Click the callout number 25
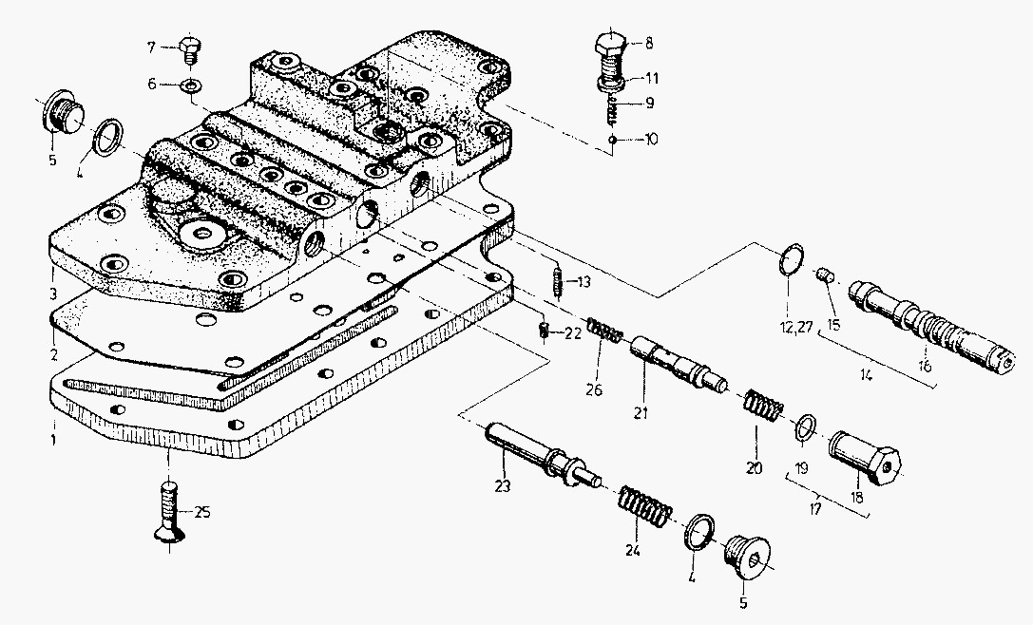(x=202, y=512)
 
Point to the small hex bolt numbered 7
(x=190, y=48)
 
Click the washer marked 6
(x=192, y=85)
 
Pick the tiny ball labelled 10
(x=613, y=140)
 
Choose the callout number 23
(x=503, y=486)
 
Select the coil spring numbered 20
(x=763, y=404)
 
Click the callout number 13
(x=583, y=282)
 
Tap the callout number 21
(x=641, y=413)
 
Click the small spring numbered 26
(x=604, y=330)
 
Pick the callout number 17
(x=815, y=509)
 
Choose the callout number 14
(x=866, y=376)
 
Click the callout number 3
(x=52, y=293)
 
